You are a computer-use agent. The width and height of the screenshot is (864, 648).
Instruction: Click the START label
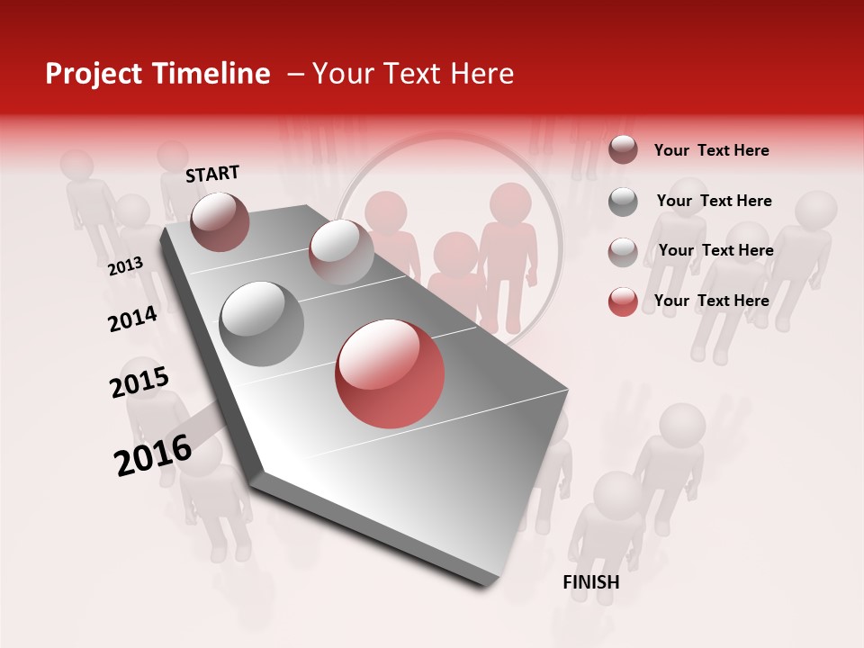(212, 174)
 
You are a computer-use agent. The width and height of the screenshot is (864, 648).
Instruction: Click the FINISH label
(590, 582)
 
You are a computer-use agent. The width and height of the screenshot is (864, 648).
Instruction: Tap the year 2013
(126, 265)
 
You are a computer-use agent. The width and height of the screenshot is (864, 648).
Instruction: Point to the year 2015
(139, 382)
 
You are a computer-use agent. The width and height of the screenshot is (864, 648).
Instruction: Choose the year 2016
(153, 454)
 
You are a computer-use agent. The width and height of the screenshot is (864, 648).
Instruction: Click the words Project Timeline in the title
(157, 74)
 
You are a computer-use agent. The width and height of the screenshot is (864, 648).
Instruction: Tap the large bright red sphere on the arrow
(390, 373)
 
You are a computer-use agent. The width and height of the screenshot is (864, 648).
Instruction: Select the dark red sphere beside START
(220, 221)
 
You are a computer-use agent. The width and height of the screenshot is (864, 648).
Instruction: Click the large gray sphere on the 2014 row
(262, 323)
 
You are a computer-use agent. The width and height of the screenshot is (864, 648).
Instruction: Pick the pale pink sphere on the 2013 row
(341, 252)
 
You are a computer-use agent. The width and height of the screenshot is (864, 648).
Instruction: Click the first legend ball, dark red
(623, 149)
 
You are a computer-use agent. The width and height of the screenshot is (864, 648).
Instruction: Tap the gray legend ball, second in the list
(623, 202)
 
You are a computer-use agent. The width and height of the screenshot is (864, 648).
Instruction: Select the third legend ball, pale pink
(623, 252)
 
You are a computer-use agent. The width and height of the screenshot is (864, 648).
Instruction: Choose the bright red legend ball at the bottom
(623, 301)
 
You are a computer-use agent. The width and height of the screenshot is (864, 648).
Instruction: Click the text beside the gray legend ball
(714, 201)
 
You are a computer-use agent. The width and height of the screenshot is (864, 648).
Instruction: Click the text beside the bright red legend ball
(711, 301)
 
